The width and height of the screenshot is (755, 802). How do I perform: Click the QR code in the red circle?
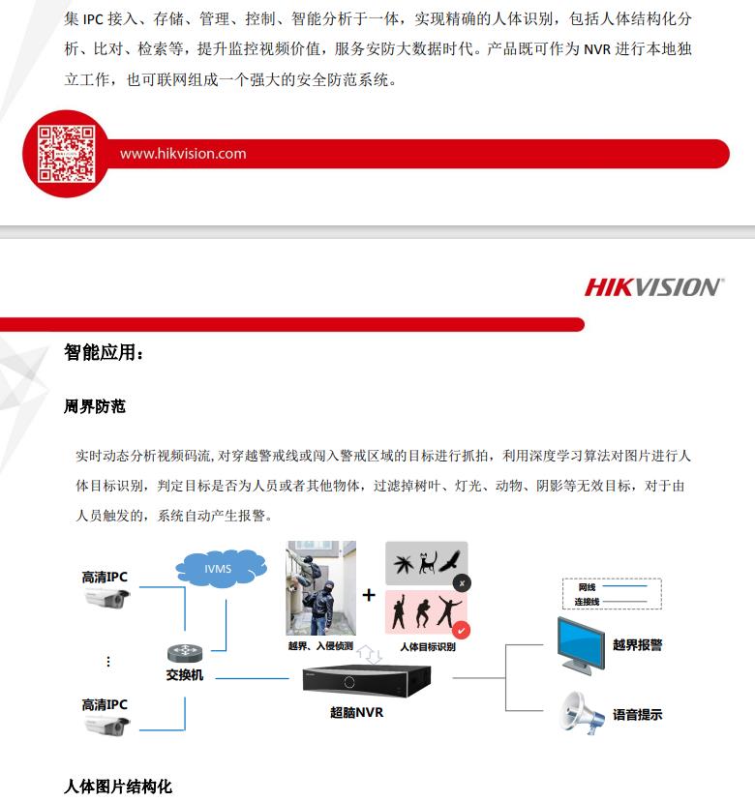(x=66, y=154)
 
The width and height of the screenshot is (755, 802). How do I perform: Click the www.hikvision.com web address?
(x=183, y=154)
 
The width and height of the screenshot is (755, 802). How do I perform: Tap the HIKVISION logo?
(x=652, y=287)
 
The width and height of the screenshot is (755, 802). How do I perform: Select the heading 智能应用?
(x=104, y=353)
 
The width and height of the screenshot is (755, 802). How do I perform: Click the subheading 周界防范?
(x=95, y=407)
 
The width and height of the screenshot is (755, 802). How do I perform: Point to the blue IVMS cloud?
(x=218, y=569)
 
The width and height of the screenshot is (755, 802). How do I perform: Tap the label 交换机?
(x=184, y=675)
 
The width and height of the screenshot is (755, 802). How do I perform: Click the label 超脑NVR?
(x=356, y=714)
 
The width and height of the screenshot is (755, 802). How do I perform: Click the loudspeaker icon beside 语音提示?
(x=583, y=714)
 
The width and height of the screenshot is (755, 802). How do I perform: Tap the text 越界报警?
(x=637, y=645)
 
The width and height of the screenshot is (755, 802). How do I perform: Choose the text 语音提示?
(x=637, y=715)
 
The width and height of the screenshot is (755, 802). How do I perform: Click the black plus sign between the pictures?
(x=369, y=595)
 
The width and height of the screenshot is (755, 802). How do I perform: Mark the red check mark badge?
(x=462, y=631)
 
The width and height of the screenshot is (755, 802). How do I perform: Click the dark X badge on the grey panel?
(x=462, y=583)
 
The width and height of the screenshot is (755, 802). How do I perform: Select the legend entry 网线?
(x=587, y=587)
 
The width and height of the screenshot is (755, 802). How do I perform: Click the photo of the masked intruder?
(x=320, y=588)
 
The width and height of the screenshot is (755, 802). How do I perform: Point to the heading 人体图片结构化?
(x=118, y=787)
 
